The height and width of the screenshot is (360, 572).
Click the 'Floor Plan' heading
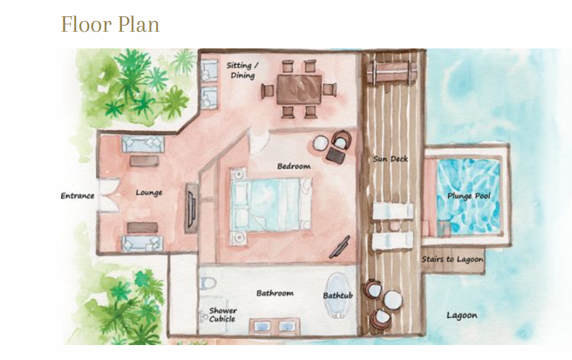[110, 25]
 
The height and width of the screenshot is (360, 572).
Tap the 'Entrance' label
[77, 196]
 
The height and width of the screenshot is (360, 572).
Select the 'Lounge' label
[149, 193]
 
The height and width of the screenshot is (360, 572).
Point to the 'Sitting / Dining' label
[242, 71]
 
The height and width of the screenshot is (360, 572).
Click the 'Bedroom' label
[294, 166]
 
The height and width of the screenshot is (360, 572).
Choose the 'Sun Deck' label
[390, 159]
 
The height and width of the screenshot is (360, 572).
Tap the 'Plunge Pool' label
[468, 196]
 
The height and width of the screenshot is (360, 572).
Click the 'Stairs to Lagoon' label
[452, 260]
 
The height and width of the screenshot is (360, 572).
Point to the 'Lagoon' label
[462, 315]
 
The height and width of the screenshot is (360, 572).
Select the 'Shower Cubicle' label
[223, 315]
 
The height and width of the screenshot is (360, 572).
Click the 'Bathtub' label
[338, 295]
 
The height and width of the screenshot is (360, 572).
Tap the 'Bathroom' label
[275, 293]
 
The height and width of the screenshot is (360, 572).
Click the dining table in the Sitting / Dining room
[299, 89]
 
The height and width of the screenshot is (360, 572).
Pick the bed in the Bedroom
[272, 205]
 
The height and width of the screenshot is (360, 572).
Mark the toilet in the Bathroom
[208, 283]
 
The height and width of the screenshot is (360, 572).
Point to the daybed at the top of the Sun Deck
[392, 72]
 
